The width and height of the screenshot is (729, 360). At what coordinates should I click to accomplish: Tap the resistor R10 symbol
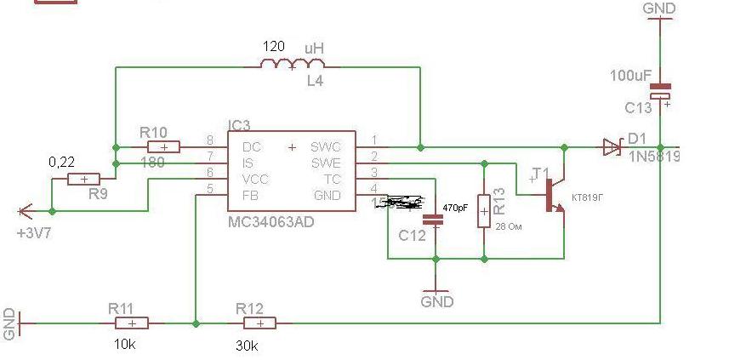pos(163,147)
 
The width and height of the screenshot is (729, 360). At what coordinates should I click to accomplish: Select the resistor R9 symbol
pos(83,180)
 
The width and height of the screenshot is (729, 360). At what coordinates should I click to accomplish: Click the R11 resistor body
pos(131,323)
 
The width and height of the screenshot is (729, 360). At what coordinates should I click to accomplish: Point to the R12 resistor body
pos(258,323)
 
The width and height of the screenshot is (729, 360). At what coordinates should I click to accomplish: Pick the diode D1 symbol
pos(612,147)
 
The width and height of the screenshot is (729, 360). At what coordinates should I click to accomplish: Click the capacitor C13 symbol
pos(661,91)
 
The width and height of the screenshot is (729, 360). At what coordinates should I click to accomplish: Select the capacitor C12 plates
pos(435,218)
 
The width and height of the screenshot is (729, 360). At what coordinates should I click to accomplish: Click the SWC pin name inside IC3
pos(325,146)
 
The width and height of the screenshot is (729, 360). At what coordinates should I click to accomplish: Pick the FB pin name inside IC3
pos(251,195)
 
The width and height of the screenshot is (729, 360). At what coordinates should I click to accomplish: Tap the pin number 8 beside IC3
pos(210,140)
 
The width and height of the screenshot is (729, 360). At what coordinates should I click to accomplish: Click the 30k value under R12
pos(248,346)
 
